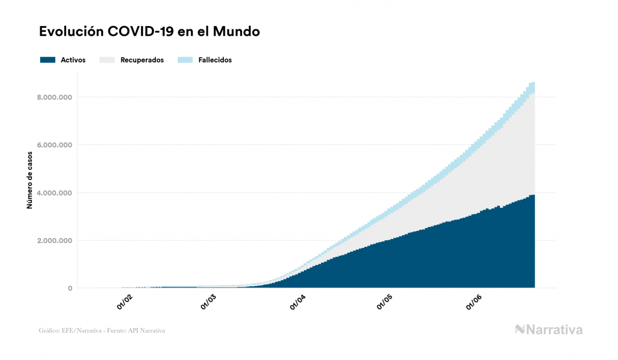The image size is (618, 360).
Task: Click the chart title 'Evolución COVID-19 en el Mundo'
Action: click(150, 32)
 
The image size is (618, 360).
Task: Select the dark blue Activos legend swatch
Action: click(48, 60)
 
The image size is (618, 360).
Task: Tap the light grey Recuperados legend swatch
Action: click(107, 60)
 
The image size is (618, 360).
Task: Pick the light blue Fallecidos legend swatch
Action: click(184, 60)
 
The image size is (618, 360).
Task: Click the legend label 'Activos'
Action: click(73, 60)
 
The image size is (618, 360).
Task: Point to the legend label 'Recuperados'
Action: click(142, 60)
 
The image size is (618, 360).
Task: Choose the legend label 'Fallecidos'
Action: click(215, 60)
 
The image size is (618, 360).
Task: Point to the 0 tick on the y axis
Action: click(69, 288)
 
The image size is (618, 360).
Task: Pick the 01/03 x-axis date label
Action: click(208, 302)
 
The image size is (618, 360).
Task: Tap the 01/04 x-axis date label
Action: click(298, 302)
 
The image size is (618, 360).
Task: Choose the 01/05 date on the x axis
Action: click(385, 302)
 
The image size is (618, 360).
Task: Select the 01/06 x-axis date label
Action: click(474, 302)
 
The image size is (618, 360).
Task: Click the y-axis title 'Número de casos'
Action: click(30, 179)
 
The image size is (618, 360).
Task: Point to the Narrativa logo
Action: click(549, 330)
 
